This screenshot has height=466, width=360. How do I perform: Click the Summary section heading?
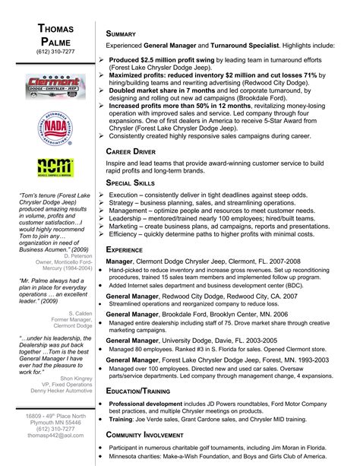(x=122, y=33)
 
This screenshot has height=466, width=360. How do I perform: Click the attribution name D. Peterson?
(x=77, y=256)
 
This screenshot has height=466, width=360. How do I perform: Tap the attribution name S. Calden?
(x=80, y=291)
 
